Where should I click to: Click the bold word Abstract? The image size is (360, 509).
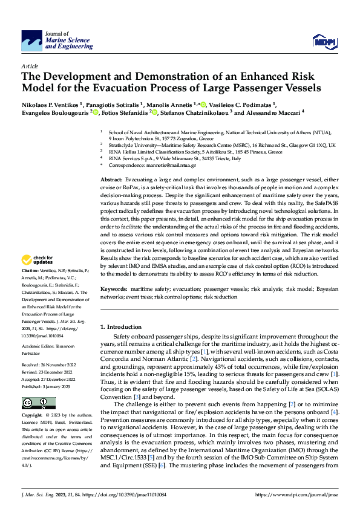tap(111, 180)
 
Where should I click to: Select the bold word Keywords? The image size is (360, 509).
tap(114, 289)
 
